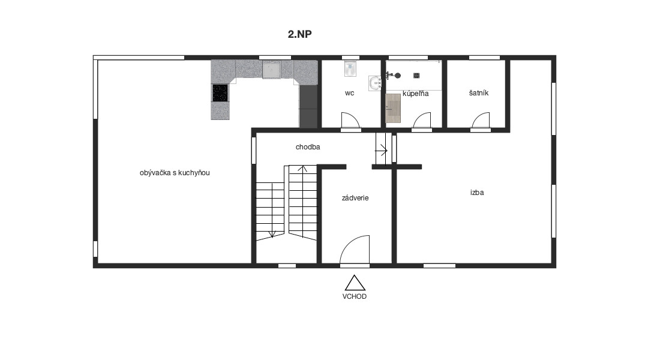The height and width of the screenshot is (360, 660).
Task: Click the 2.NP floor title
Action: tap(299, 34)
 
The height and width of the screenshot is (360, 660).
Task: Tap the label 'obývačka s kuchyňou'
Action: tap(175, 173)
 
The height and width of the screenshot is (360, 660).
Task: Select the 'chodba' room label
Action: tap(308, 147)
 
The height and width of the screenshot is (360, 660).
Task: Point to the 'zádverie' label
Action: tap(355, 198)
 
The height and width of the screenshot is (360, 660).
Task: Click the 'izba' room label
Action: tap(477, 193)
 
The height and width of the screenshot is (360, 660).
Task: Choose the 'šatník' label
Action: tap(479, 92)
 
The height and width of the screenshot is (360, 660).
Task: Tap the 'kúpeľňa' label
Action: tap(415, 94)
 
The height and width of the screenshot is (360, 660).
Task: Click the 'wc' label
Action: tap(349, 93)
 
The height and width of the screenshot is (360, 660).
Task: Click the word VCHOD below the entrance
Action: tap(355, 296)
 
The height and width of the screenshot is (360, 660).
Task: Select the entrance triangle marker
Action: tap(355, 283)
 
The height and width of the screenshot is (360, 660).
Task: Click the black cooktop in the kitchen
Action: tap(220, 93)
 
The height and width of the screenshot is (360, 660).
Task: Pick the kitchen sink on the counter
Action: tap(271, 70)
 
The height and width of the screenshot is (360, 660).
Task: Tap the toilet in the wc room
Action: tap(350, 68)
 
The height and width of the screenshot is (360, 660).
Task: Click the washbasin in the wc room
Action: tap(374, 83)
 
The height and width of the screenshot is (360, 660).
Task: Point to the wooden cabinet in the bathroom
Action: tap(393, 108)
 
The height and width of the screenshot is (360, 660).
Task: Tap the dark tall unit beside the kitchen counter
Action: tap(308, 107)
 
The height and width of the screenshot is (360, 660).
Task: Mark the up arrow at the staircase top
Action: tap(302, 169)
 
